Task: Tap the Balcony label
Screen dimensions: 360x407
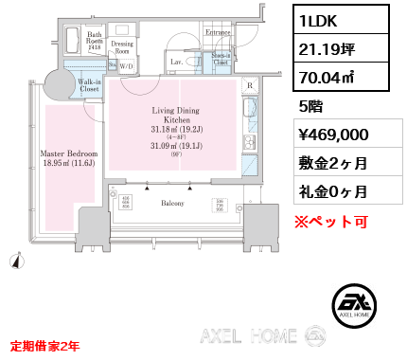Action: click(172, 203)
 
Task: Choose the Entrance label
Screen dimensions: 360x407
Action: click(218, 33)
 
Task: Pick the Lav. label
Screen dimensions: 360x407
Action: click(176, 62)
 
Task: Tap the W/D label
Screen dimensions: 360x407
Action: click(126, 65)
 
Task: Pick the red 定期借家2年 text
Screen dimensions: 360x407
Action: click(44, 345)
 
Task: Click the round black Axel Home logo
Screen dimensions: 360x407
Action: click(358, 304)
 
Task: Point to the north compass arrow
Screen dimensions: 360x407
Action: click(17, 258)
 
